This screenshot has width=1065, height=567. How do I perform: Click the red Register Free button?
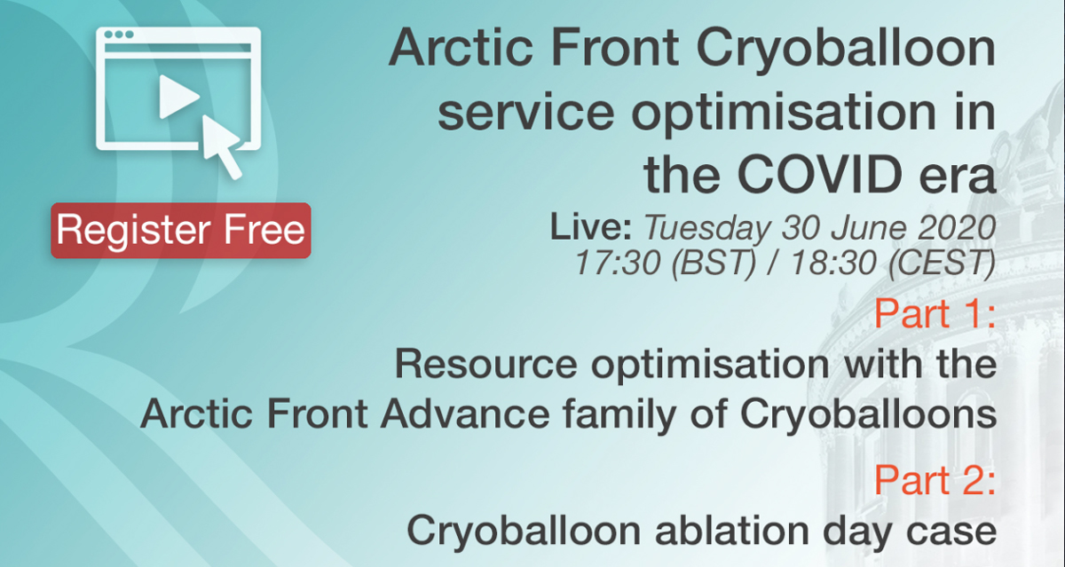(181, 231)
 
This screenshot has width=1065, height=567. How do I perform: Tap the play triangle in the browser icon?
(178, 97)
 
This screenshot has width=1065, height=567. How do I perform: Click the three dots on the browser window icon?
(118, 35)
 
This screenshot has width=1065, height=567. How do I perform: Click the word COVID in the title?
(820, 175)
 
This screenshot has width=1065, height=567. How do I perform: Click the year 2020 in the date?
(957, 228)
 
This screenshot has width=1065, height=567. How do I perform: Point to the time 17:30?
(618, 262)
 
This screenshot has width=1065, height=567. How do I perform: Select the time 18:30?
(833, 262)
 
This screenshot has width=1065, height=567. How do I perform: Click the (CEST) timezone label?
(942, 263)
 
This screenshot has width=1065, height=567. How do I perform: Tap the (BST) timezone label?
(714, 263)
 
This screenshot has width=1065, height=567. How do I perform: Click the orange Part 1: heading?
(935, 314)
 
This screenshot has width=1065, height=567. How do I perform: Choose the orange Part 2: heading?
(935, 481)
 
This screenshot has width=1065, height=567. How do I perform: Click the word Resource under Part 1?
(486, 365)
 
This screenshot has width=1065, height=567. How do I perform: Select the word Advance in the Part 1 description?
(465, 414)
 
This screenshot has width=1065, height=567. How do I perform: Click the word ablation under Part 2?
(732, 531)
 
